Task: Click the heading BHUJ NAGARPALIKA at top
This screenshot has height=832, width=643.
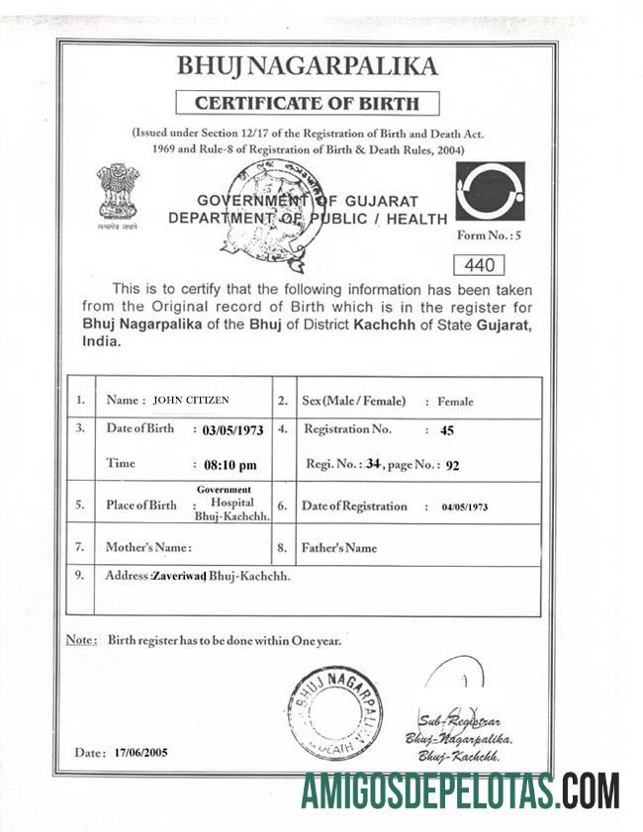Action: [x=306, y=66]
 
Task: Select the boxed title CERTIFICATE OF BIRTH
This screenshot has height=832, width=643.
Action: [x=307, y=103]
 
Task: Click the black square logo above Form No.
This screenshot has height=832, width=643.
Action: [x=490, y=192]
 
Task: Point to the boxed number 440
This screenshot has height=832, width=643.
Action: [x=478, y=264]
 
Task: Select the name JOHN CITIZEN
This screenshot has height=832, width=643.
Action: [x=191, y=401]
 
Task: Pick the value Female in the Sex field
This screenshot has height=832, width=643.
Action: [x=455, y=402]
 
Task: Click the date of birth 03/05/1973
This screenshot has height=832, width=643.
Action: [x=233, y=431]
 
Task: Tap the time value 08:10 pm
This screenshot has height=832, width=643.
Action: [x=229, y=464]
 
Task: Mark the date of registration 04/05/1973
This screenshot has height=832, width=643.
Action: [x=464, y=507]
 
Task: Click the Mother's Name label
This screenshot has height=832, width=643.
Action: [x=148, y=547]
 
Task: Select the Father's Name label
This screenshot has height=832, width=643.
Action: [x=340, y=547]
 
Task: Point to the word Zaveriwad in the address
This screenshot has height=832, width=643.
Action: [x=178, y=576]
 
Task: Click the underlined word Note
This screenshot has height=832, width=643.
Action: [x=80, y=640]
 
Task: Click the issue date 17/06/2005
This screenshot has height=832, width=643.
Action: [x=141, y=753]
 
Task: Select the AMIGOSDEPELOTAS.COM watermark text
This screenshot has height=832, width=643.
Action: [x=460, y=792]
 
